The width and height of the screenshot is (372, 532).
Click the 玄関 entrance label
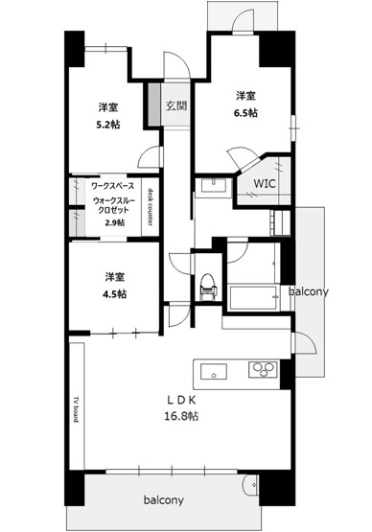point(174,106)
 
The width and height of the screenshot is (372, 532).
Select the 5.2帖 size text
point(106,124)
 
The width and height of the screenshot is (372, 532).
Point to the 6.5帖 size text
point(246,112)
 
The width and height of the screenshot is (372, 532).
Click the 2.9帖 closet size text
point(113,223)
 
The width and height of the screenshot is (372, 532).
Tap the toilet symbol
point(203,285)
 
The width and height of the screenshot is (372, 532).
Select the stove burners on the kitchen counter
point(263,370)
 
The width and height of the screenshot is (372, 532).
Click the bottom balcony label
point(165,500)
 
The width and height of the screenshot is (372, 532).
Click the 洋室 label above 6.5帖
point(246,95)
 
